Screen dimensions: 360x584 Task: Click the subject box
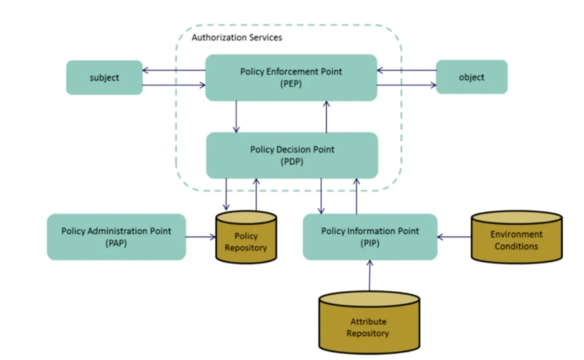click(x=105, y=77)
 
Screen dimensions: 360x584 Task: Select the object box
click(x=471, y=77)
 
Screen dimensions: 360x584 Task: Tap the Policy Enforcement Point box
click(x=291, y=77)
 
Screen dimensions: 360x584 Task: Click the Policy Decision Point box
click(x=291, y=155)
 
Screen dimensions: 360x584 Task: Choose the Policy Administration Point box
click(x=115, y=236)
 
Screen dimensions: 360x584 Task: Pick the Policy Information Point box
click(x=368, y=236)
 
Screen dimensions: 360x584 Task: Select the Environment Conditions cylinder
click(x=516, y=239)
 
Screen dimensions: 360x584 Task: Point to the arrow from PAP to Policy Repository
click(x=199, y=237)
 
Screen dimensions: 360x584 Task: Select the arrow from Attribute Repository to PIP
click(x=369, y=276)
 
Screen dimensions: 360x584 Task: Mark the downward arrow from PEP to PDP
click(x=236, y=116)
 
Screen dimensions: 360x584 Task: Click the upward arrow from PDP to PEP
click(x=327, y=116)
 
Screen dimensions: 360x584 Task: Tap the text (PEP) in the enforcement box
click(x=291, y=84)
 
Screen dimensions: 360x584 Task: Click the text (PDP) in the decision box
click(x=291, y=161)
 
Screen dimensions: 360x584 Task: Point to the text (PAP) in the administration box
click(x=115, y=243)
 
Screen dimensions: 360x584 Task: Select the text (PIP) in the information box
click(x=368, y=243)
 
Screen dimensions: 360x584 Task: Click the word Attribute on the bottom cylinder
click(x=369, y=321)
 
